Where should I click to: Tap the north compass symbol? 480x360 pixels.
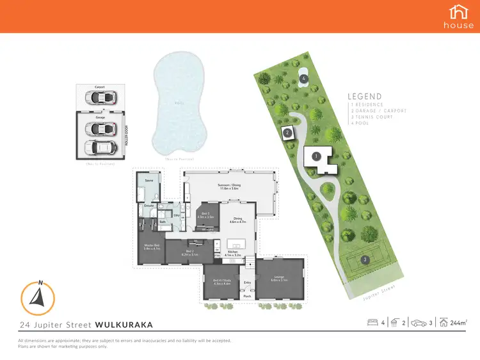click(38, 297)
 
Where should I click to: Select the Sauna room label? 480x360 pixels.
click(148, 181)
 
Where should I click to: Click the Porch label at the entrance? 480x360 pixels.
click(247, 296)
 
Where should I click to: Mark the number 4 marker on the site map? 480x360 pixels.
click(304, 79)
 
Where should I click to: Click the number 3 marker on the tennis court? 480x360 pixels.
click(364, 259)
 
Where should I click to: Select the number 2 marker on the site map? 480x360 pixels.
click(288, 133)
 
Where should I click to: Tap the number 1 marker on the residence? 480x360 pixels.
click(315, 156)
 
